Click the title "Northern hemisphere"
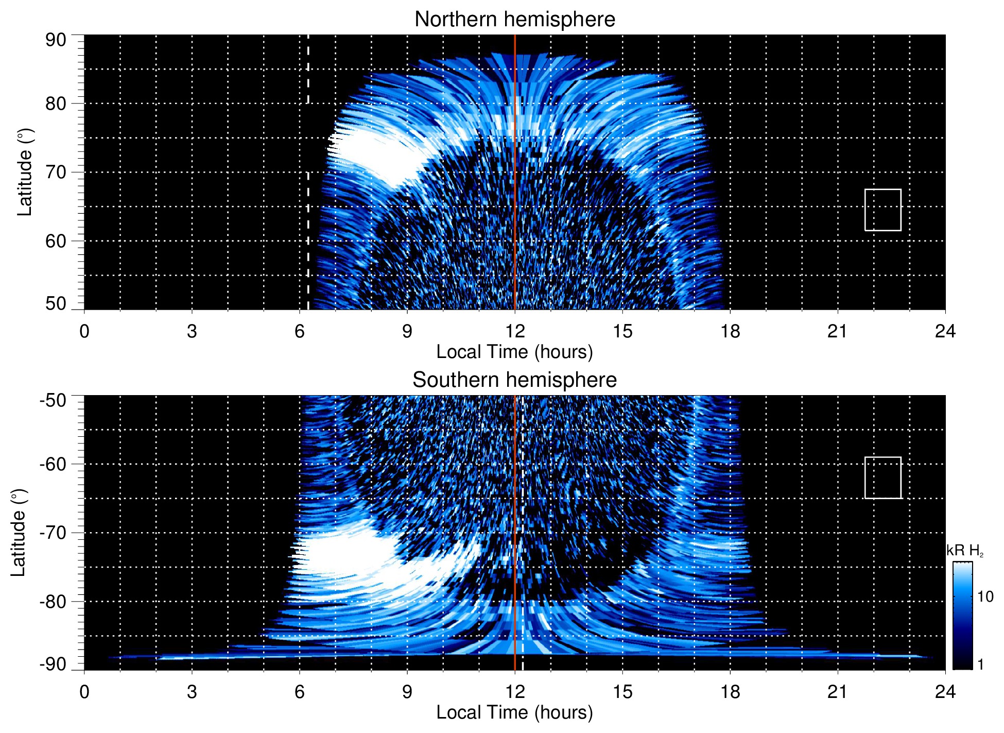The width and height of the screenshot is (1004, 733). click(x=514, y=20)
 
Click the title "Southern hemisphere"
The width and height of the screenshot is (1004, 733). click(x=514, y=380)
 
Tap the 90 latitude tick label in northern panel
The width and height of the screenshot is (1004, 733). click(x=56, y=40)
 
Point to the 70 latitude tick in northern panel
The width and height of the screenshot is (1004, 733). click(x=56, y=173)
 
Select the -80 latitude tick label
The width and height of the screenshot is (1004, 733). click(x=53, y=602)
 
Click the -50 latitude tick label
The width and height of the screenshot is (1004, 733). click(x=53, y=401)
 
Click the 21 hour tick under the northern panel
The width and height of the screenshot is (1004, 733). click(x=837, y=331)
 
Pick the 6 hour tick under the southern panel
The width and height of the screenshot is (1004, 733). click(x=299, y=692)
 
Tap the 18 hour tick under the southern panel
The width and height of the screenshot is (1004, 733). click(x=730, y=692)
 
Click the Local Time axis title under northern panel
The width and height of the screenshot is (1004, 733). click(x=514, y=352)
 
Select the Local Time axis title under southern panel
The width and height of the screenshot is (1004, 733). click(x=514, y=713)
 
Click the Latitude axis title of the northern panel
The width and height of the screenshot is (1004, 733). click(x=25, y=173)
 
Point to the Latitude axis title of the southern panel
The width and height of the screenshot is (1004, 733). click(x=19, y=533)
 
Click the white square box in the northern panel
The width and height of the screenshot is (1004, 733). click(x=882, y=210)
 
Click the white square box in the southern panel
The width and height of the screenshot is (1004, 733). click(x=882, y=478)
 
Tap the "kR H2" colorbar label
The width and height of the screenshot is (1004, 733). click(x=965, y=551)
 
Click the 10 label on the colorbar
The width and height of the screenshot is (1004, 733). click(x=985, y=597)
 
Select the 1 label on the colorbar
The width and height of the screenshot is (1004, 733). click(x=980, y=664)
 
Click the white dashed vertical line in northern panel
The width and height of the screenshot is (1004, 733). click(x=308, y=206)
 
